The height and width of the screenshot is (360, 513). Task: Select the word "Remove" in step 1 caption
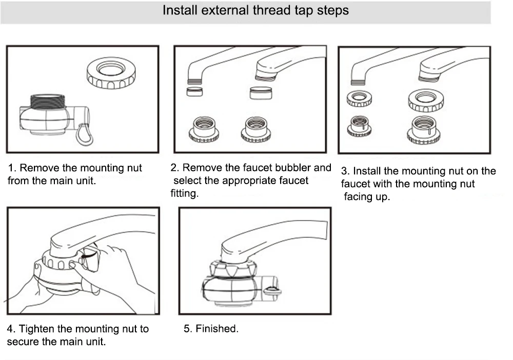37,168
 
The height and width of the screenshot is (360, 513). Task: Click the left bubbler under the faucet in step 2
193,92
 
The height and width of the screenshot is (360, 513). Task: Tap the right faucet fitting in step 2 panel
255,130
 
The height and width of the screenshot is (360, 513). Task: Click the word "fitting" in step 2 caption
184,194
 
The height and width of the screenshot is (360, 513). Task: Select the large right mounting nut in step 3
425,100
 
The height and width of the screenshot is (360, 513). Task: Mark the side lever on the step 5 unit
271,292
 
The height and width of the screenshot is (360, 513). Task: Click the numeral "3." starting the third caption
345,171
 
